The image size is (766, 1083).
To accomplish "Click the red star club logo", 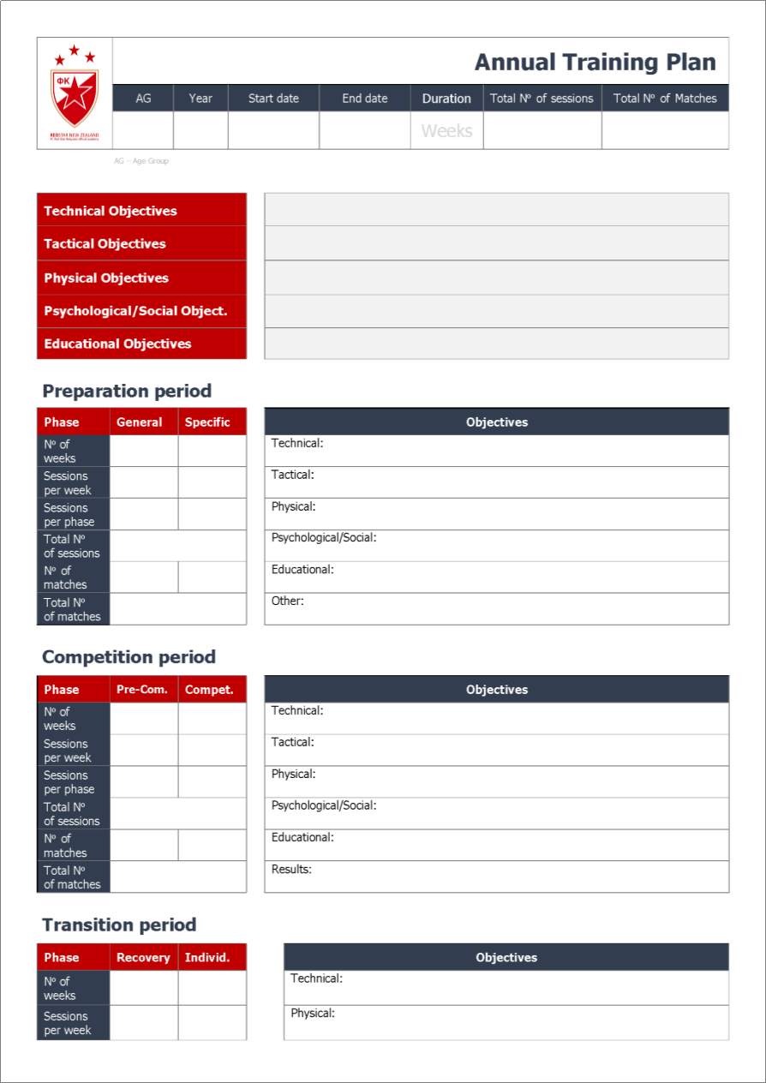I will coord(75,93).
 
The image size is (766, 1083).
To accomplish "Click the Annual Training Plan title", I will coord(595,62).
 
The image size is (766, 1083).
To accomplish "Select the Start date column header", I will coord(273,99).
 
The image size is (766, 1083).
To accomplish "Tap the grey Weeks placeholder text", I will coord(446,131).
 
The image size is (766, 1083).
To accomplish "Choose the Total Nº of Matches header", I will coord(665,99).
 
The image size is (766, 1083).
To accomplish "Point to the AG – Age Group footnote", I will coord(141,161).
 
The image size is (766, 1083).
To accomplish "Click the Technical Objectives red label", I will coord(111,211).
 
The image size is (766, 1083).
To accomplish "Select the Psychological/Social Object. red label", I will coord(135,311).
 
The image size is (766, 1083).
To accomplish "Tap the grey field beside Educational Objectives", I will coord(496,344).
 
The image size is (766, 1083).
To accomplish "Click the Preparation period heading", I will coord(127,391).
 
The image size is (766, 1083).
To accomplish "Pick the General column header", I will coord(140,422).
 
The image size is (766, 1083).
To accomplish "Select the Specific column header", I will coord(207,422).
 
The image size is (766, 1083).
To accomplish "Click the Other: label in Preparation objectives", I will coord(288,601).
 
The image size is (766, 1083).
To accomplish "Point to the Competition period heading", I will coord(129,657).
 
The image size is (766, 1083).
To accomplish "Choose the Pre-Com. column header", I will coord(142,690).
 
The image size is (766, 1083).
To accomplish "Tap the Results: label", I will coord(291,869).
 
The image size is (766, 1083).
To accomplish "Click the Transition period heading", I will coord(119,924).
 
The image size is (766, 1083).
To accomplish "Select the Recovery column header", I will coord(143,958).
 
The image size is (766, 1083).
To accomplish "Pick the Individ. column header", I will coord(207,958).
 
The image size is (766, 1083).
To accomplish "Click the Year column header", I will coord(200,99).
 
